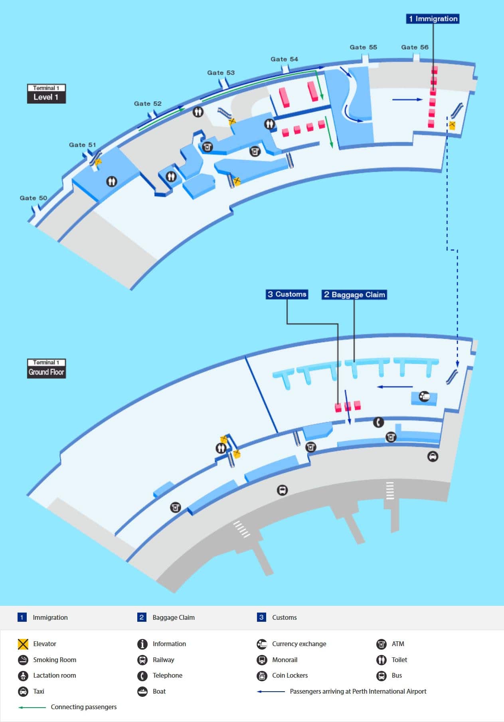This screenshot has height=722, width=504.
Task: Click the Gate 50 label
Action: point(34,198)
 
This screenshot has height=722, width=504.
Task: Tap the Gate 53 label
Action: point(221,73)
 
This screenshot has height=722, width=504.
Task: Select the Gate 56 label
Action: point(415,47)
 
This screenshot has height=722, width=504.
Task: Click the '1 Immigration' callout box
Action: point(433,19)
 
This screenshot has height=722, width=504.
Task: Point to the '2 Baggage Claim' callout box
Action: point(354,295)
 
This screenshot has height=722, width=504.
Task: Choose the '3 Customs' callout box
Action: point(287,294)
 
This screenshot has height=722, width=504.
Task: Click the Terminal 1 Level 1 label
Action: point(46,94)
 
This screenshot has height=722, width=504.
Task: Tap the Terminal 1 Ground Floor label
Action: point(46,369)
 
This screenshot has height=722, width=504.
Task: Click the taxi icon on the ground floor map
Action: point(433,456)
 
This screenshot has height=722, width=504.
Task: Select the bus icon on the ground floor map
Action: point(282,490)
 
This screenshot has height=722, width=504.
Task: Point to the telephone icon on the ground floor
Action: point(378,422)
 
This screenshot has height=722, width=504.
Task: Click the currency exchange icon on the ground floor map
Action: point(424,396)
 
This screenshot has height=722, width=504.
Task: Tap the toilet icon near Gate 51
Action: point(112,182)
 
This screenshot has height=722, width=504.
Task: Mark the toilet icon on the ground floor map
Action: point(221,448)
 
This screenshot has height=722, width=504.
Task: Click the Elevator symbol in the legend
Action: point(23,644)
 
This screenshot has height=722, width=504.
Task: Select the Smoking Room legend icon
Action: point(23,660)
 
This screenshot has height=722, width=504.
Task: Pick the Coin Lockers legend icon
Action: point(262,676)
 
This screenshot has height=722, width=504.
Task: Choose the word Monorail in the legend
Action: point(285,660)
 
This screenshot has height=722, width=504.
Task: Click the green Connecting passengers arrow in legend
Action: point(32,707)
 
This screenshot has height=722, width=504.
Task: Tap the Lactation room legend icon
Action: point(23,676)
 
